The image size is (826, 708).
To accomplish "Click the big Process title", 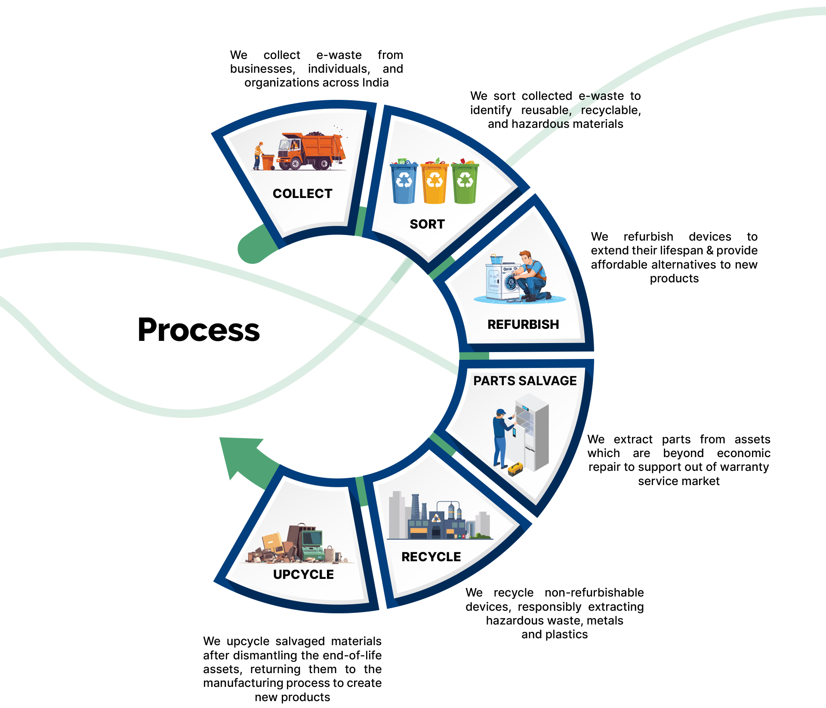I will click(x=198, y=330).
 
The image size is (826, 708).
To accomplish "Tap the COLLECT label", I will click(x=302, y=194).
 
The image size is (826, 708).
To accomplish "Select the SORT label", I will click(x=427, y=224).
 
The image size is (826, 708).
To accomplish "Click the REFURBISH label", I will click(x=523, y=325).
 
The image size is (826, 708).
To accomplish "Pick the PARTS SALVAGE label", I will click(x=525, y=381).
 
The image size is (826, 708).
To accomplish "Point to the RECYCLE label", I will click(x=431, y=557).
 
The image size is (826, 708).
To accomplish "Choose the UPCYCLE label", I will click(x=303, y=575).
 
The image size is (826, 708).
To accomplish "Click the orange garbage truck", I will click(x=312, y=151).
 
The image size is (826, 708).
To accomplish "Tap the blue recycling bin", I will click(x=404, y=182).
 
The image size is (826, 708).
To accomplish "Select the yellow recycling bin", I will click(x=435, y=182).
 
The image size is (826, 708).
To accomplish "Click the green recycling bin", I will click(x=465, y=182).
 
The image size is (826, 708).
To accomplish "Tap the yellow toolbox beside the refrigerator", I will click(x=515, y=469).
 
